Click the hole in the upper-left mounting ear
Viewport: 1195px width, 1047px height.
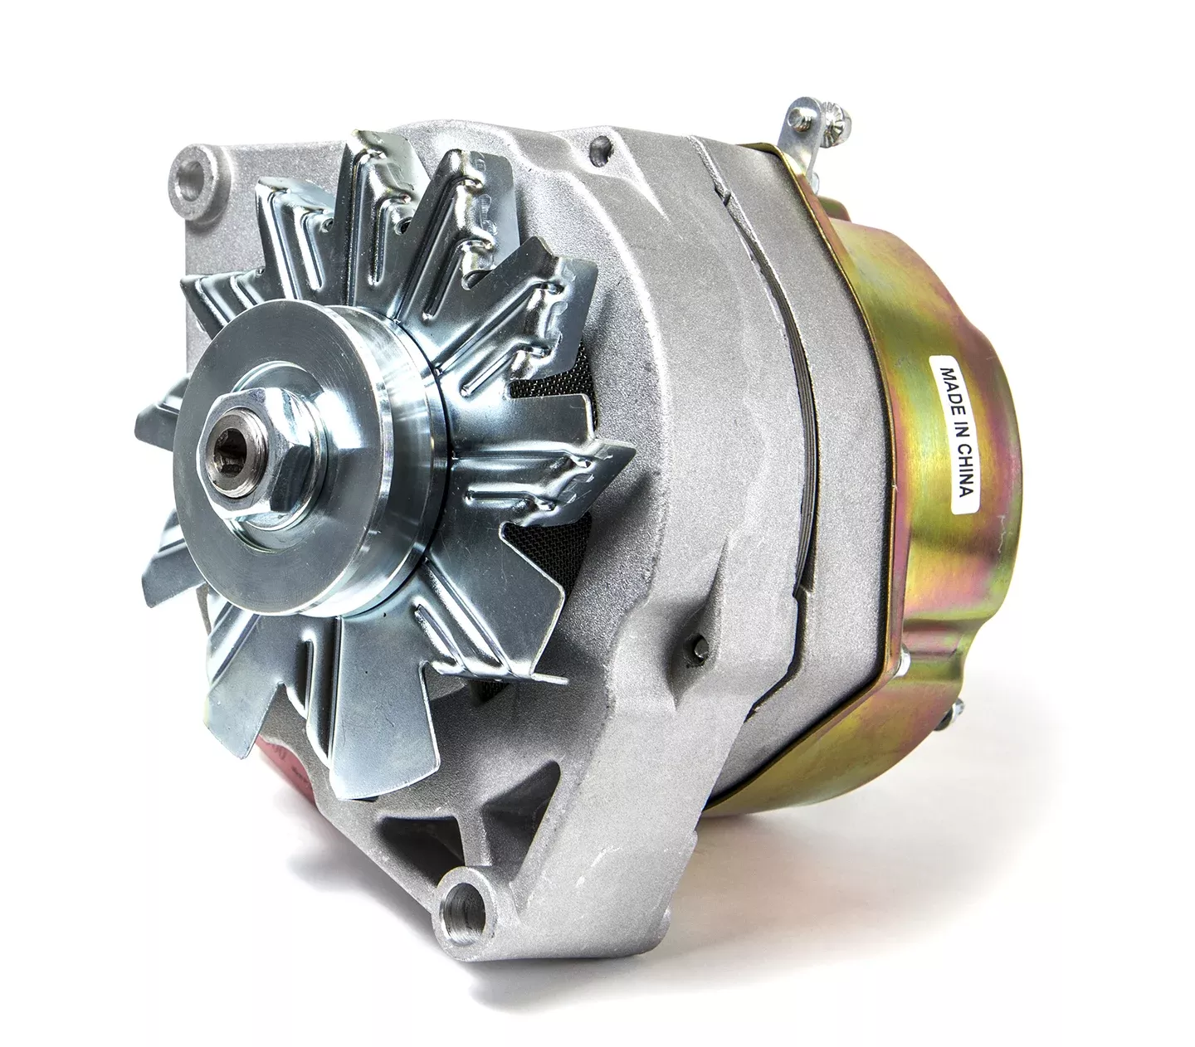click(194, 174)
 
